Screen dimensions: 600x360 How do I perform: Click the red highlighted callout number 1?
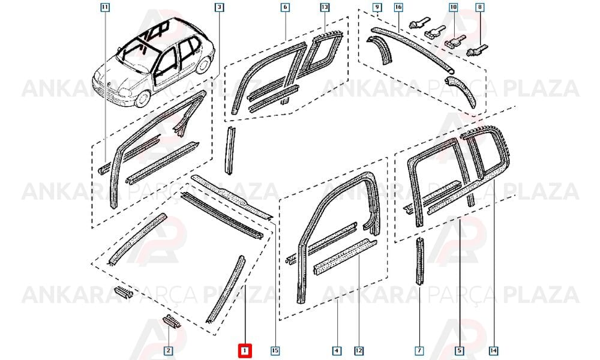244,350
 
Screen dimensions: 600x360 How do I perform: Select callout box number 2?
168,350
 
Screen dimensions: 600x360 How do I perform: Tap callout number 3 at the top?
219,7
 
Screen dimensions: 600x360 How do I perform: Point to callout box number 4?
337,350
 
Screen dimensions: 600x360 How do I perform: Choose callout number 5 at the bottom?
460,350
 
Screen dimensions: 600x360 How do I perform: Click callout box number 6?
285,7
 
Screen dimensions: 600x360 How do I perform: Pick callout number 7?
419,350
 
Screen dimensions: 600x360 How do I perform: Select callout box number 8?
480,7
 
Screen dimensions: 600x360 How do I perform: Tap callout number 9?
377,7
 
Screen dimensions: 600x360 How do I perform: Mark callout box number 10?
454,7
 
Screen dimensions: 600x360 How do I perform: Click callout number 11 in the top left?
105,7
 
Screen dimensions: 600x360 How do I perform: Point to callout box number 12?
359,350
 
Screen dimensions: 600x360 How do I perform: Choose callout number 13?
325,7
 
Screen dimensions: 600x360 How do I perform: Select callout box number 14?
494,350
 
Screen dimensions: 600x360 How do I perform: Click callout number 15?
275,350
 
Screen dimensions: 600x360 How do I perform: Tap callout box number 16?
398,7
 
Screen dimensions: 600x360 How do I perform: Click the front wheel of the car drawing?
142,98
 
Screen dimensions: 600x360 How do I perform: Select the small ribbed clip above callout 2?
172,322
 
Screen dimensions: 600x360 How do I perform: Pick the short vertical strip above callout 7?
420,261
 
